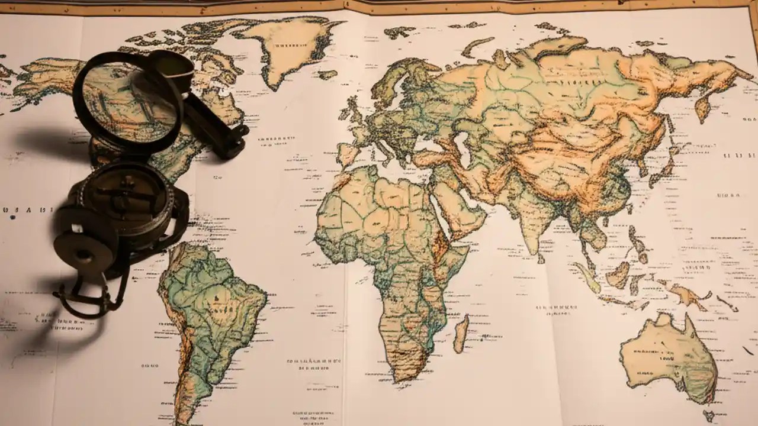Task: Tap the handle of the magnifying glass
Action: point(216,127)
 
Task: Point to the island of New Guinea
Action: point(687,292)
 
